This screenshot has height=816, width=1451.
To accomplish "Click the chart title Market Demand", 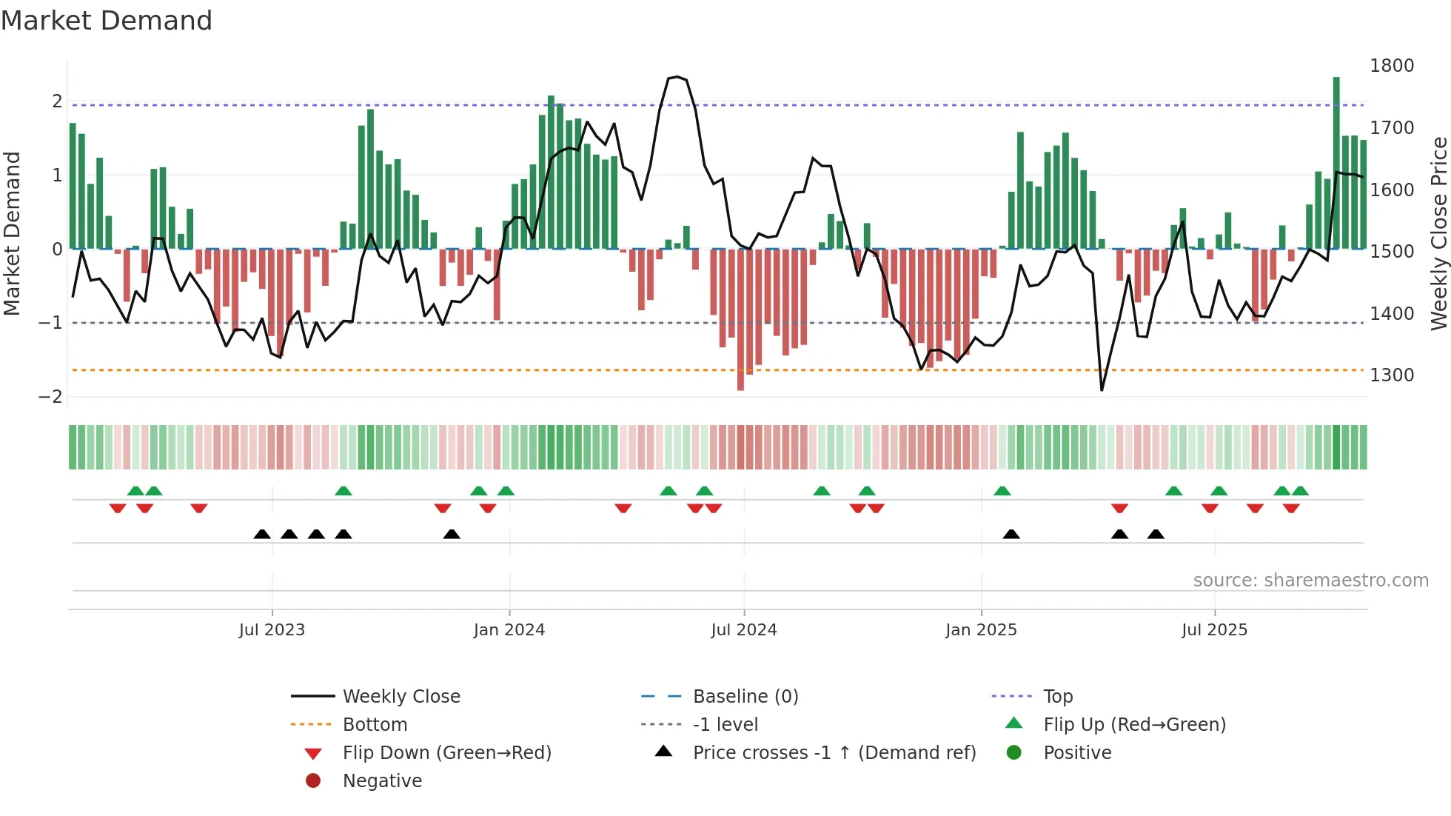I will [x=107, y=21].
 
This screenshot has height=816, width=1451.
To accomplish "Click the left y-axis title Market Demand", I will [x=13, y=233].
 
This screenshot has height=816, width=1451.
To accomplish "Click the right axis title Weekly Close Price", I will [x=1438, y=233].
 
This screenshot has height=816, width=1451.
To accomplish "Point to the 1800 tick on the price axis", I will [x=1391, y=66].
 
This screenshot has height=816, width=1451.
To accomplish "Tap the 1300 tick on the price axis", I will [x=1391, y=375].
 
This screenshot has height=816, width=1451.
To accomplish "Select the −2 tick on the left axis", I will [x=50, y=397].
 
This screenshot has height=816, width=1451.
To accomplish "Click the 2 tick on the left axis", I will [x=57, y=101].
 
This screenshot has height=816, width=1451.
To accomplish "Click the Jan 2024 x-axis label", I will [x=509, y=630].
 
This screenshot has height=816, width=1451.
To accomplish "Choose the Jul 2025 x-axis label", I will [x=1214, y=630].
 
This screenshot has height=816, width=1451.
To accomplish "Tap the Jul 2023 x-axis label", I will [x=272, y=630].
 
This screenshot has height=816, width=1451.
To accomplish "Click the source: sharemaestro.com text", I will [x=1310, y=581].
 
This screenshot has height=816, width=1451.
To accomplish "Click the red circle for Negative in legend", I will [x=313, y=781].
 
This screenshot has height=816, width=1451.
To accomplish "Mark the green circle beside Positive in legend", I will [x=1014, y=753].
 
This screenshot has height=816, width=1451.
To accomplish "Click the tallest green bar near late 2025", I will [x=1336, y=163].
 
